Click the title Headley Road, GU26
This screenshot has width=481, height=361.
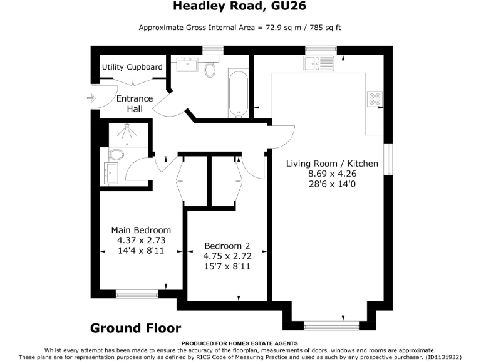click(240, 7)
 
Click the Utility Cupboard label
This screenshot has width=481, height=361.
click(132, 67)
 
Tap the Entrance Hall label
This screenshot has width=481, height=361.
click(135, 103)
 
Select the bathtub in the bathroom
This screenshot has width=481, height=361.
click(238, 94)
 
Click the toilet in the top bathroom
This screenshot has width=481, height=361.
click(211, 68)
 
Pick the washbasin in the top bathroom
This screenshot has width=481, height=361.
click(186, 65)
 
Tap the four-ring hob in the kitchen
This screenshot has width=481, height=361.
click(375, 99)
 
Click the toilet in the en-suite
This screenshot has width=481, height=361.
click(116, 154)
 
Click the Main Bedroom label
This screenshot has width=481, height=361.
click(141, 230)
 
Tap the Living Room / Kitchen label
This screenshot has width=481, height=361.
click(332, 164)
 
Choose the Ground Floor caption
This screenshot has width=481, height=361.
click(135, 328)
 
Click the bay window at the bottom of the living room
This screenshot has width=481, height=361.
click(331, 326)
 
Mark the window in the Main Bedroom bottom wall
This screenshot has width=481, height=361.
click(137, 293)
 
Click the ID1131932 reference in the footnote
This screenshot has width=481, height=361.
click(443, 356)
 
